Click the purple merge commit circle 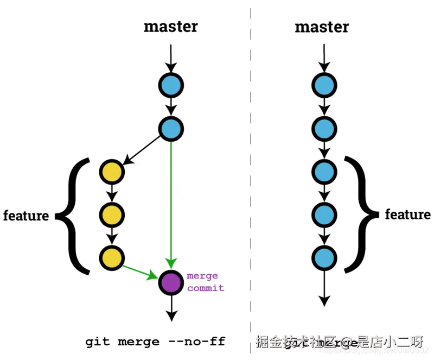tap(171, 282)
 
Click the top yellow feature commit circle tap(112, 172)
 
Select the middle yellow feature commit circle tap(112, 214)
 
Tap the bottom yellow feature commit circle tap(112, 256)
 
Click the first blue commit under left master tap(171, 85)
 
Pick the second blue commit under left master tap(171, 128)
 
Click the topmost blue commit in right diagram tap(324, 85)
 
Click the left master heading tap(170, 26)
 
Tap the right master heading tap(322, 26)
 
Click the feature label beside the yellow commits tap(26, 216)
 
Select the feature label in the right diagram tap(407, 214)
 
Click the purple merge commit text tap(205, 282)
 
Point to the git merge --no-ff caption tap(155, 342)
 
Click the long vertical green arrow tap(171, 201)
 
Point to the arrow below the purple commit tap(171, 307)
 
